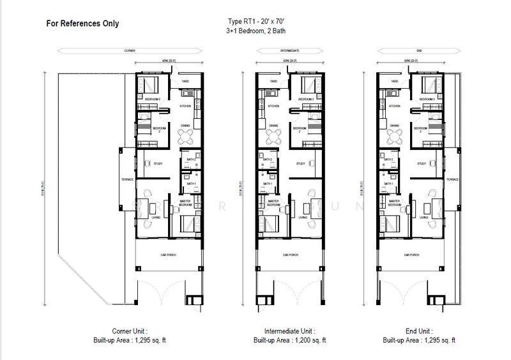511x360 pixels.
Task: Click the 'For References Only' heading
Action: pos(82,24)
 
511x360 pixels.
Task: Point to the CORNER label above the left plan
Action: pos(130,50)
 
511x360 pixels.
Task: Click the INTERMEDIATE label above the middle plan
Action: pos(291,50)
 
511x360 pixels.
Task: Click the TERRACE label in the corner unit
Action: pos(128,179)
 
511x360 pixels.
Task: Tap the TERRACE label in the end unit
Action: pos(452,179)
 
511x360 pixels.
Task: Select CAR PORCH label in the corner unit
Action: pos(169,253)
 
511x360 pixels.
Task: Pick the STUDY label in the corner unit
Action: pos(158,164)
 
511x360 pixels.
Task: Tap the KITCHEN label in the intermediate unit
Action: pos(273,106)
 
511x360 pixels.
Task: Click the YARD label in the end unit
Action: pos(394,82)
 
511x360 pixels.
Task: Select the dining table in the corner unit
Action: pos(186,136)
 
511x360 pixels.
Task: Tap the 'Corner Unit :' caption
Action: pos(130,332)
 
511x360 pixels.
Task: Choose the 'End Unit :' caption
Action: pos(419,332)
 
